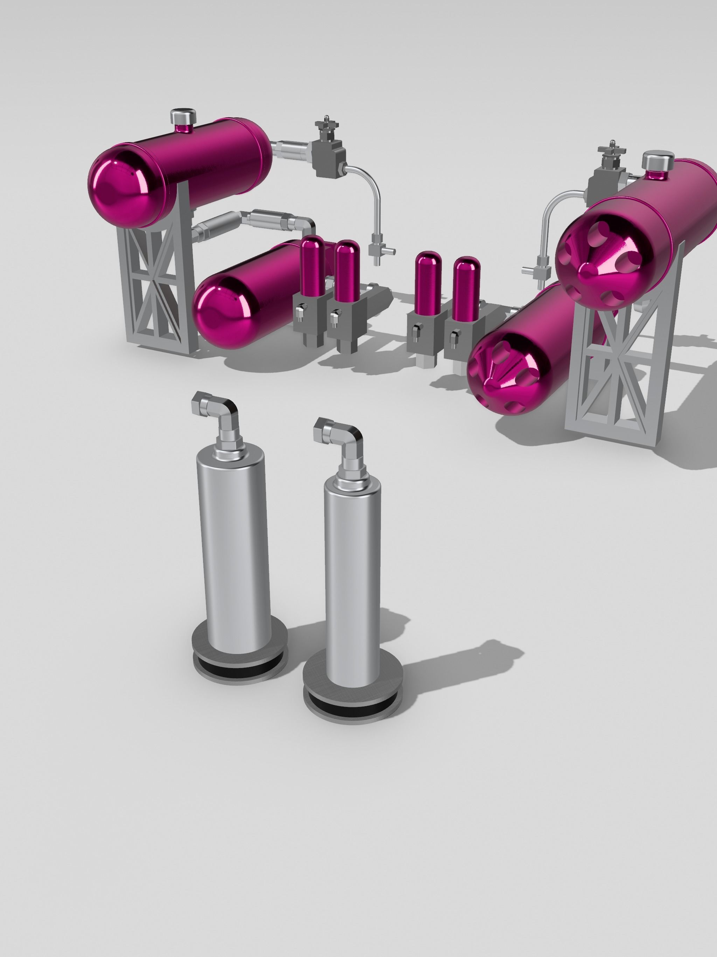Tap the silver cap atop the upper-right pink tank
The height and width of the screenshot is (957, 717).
[658, 161]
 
